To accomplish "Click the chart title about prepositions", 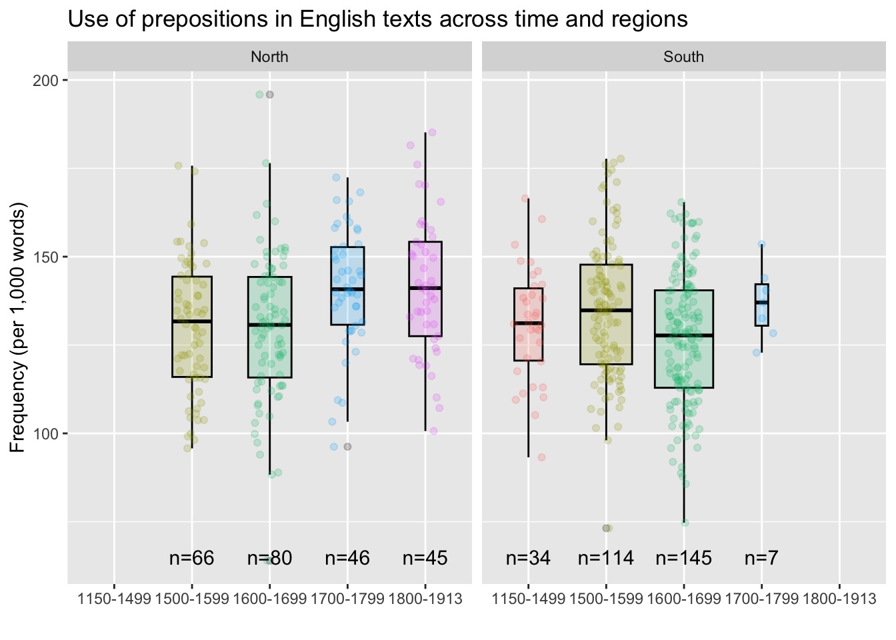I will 377,19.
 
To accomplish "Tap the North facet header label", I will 269,57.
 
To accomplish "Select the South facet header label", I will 683,57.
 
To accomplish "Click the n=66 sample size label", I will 191,559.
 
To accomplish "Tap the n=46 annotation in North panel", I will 347,559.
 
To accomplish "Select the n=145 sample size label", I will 683,559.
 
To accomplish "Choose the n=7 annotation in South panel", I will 761,559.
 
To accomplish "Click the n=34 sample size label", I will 528,559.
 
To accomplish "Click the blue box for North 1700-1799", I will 347,273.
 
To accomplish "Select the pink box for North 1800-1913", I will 425,267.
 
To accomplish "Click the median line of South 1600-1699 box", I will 683,335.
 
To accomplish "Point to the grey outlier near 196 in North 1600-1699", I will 270,95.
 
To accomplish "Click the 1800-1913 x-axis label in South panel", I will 839,599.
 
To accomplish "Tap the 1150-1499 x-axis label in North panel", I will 114,599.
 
